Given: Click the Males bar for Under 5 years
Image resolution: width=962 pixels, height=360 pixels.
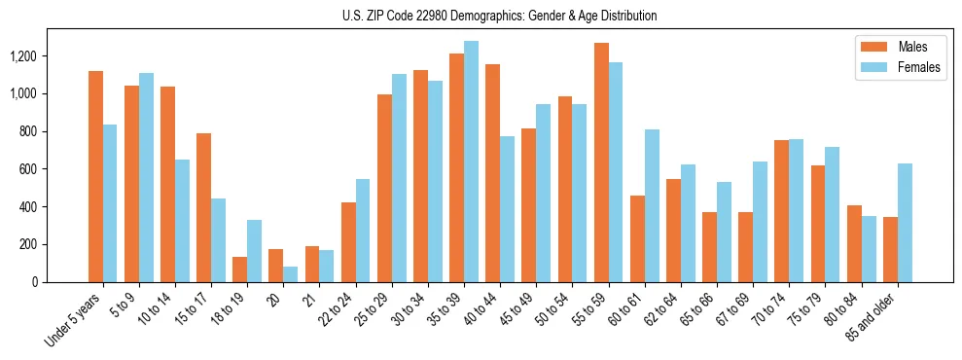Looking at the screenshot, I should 95,176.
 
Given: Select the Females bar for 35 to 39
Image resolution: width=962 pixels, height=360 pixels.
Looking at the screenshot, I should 471,162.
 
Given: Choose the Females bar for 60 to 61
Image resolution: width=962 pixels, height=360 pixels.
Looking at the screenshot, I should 652,205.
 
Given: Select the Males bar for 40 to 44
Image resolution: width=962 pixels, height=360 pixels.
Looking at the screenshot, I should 493,173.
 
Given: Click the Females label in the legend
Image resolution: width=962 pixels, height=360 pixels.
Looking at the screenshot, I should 920,69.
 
